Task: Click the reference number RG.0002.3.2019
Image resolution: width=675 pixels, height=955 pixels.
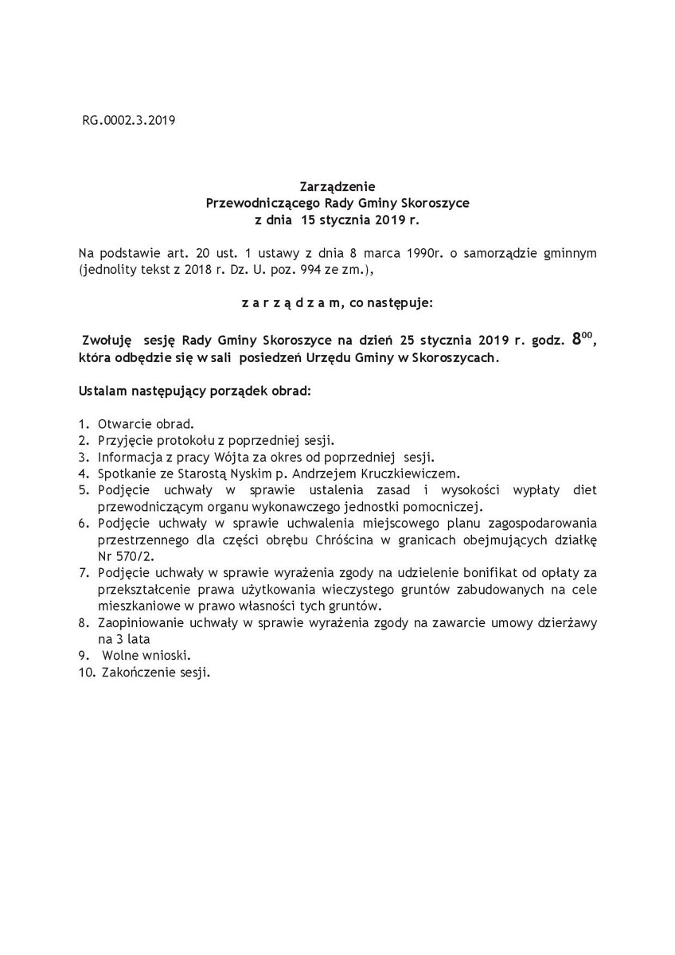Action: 128,122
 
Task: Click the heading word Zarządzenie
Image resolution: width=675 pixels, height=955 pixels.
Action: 337,188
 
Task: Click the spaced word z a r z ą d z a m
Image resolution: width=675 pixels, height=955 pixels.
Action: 287,303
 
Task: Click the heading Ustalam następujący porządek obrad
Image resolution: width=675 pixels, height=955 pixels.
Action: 195,392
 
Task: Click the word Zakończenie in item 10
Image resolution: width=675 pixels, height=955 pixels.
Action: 135,672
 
